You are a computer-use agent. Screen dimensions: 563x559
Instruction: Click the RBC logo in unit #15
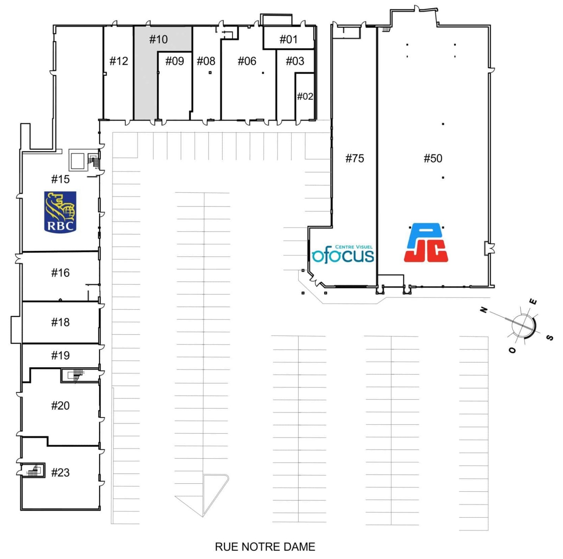pyautogui.click(x=60, y=212)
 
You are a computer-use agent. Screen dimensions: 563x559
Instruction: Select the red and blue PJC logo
pyautogui.click(x=426, y=243)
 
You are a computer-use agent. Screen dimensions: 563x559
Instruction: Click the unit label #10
pyautogui.click(x=158, y=39)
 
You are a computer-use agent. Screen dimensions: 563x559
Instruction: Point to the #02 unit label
pyautogui.click(x=305, y=96)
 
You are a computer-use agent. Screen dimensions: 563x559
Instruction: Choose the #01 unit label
pyautogui.click(x=288, y=39)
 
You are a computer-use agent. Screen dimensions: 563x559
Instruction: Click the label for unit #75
pyautogui.click(x=355, y=158)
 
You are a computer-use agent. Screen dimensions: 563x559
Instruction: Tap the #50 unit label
pyautogui.click(x=433, y=158)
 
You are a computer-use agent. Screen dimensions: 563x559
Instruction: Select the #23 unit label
pyautogui.click(x=60, y=472)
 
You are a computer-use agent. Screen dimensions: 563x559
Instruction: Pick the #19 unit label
pyautogui.click(x=60, y=355)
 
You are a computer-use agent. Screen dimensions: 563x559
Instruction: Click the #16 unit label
pyautogui.click(x=60, y=272)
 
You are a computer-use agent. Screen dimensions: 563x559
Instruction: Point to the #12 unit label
pyautogui.click(x=119, y=61)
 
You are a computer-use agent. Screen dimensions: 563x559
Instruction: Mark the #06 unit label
pyautogui.click(x=247, y=61)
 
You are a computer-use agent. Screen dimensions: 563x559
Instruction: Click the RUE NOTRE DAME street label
pyautogui.click(x=265, y=547)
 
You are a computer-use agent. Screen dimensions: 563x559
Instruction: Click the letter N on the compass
pyautogui.click(x=484, y=309)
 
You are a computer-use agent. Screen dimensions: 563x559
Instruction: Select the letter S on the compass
pyautogui.click(x=550, y=338)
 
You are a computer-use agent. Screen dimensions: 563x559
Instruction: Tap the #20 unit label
pyautogui.click(x=60, y=406)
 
